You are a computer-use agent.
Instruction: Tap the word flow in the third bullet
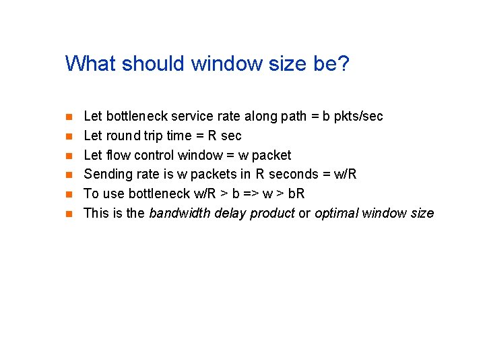(117, 155)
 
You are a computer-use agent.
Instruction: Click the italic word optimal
(336, 214)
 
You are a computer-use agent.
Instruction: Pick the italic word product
(271, 214)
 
